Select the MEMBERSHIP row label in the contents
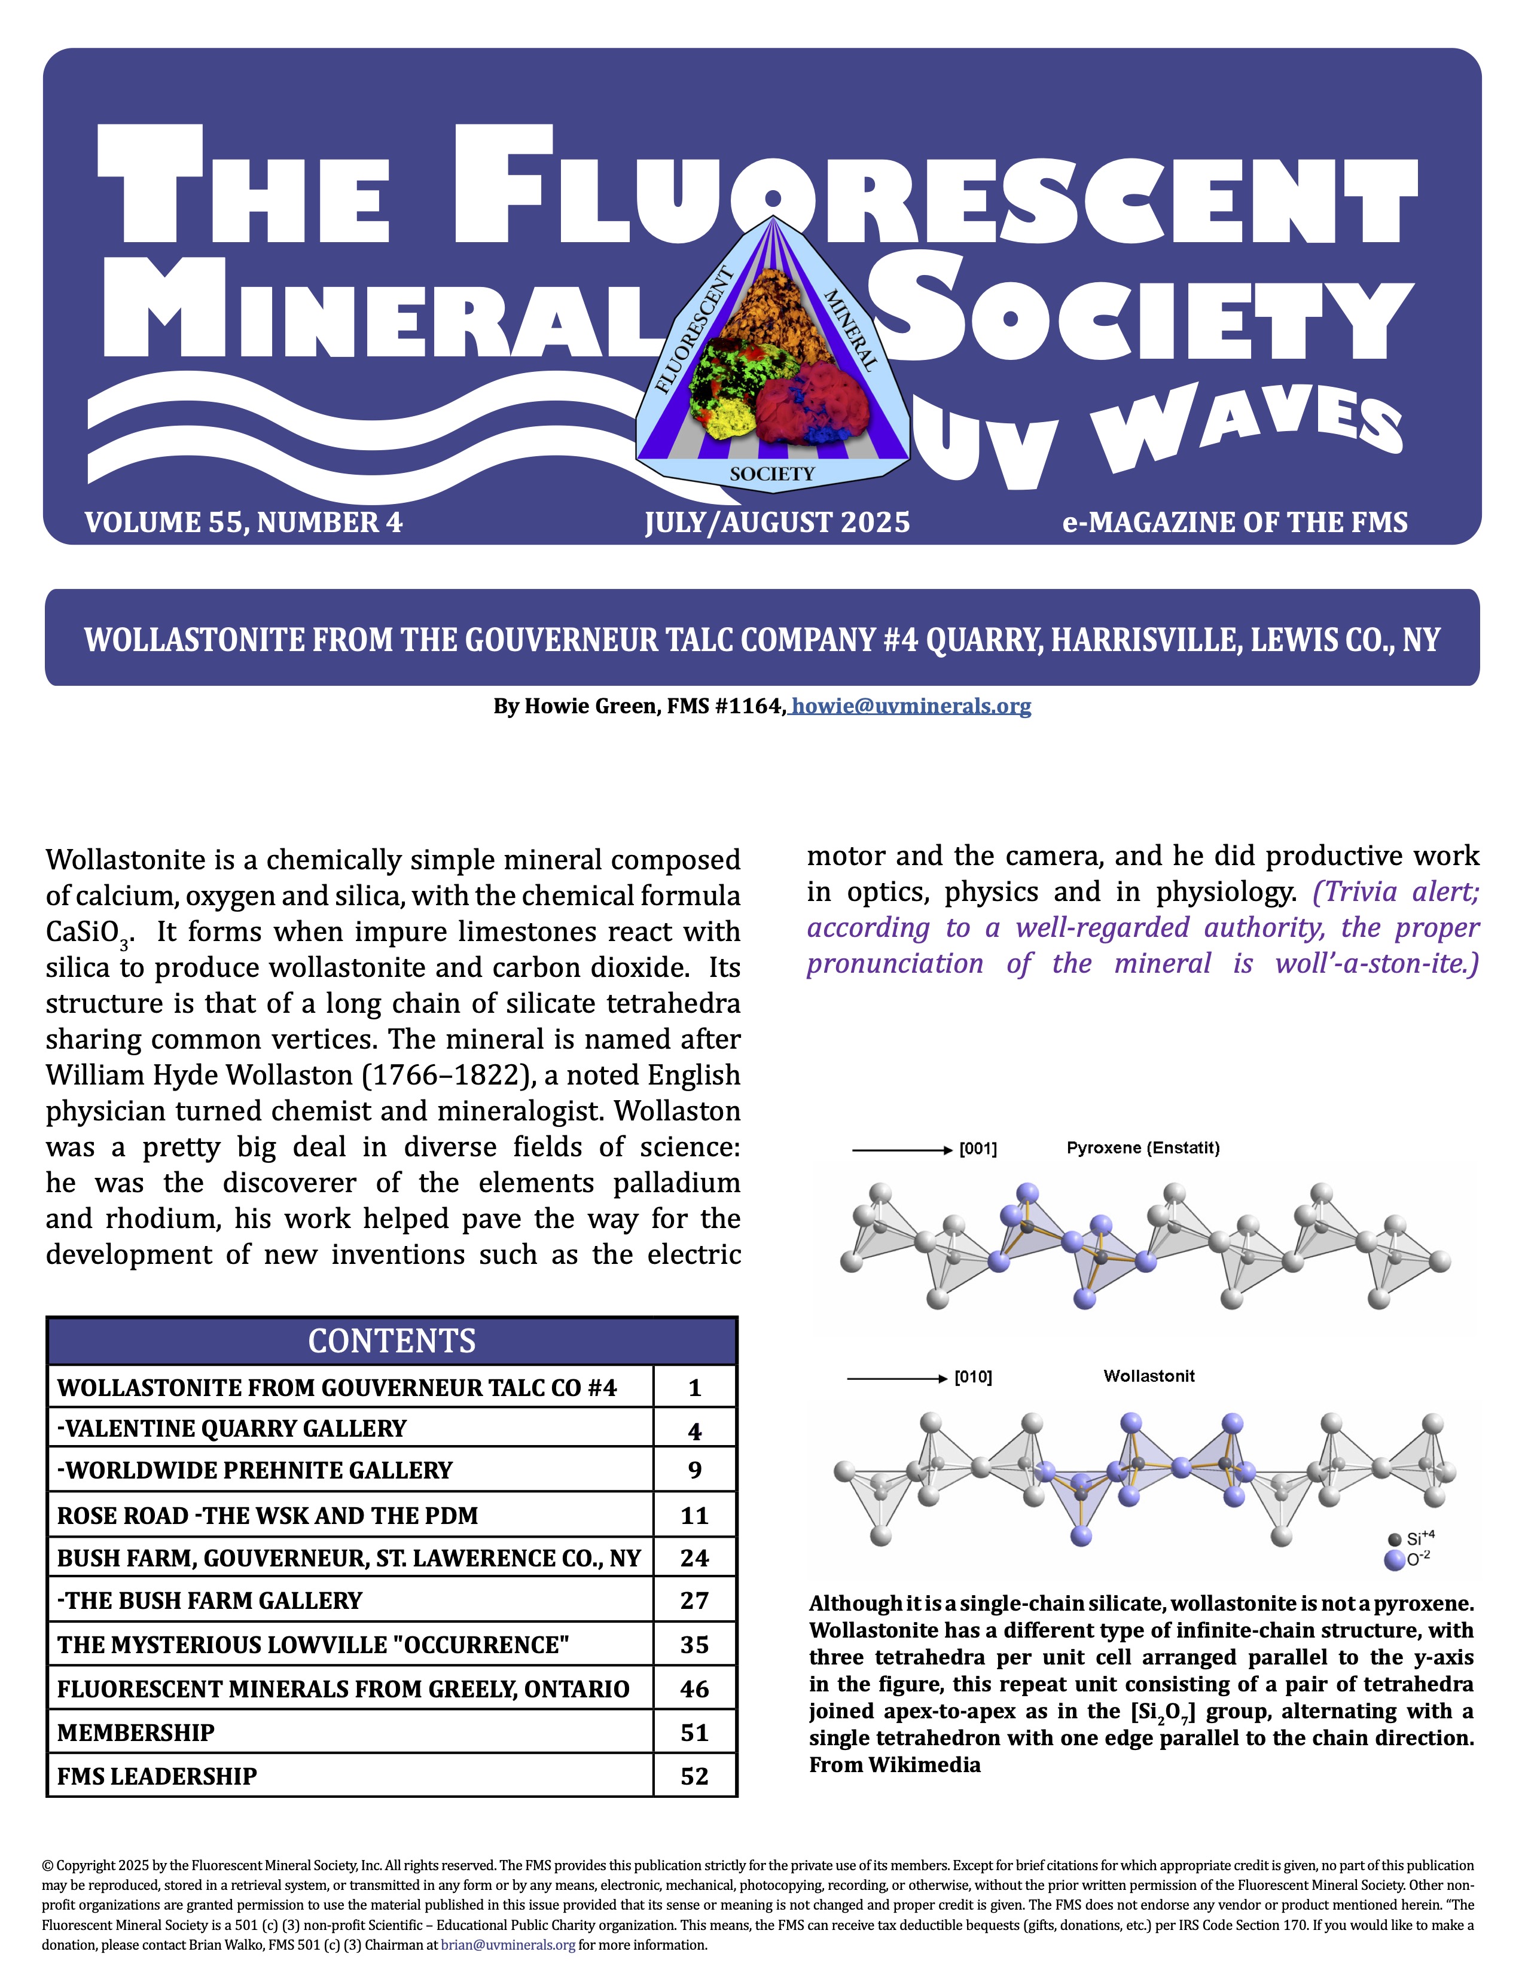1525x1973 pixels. pyautogui.click(x=136, y=1733)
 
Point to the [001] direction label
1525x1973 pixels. pyautogui.click(x=978, y=1149)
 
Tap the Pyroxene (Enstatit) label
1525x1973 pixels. pyautogui.click(x=1143, y=1148)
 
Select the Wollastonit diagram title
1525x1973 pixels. pyautogui.click(x=1148, y=1376)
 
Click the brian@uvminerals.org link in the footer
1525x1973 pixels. pyautogui.click(x=508, y=1945)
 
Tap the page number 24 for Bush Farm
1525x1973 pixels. pyautogui.click(x=694, y=1557)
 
